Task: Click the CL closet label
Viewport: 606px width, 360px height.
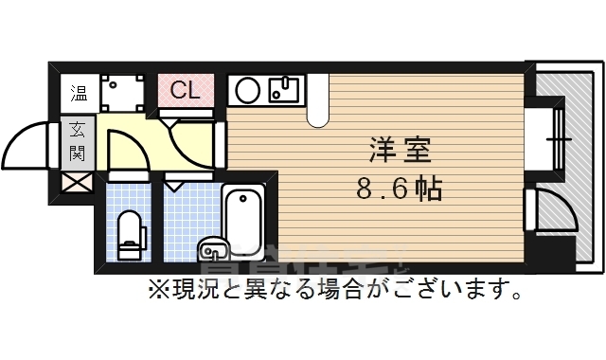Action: tap(184, 91)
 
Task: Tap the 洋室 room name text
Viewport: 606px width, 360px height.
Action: tap(399, 151)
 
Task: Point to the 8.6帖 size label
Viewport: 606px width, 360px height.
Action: tap(399, 189)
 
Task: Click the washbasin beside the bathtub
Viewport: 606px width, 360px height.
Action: tap(213, 251)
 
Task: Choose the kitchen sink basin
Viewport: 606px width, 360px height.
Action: tap(284, 91)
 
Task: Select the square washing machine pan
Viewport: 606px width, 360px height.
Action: tap(120, 92)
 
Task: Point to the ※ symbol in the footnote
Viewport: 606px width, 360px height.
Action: tap(154, 289)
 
